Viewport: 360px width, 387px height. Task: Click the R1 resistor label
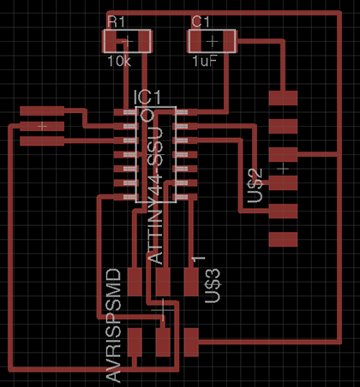116,22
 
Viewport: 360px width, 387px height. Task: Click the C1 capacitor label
201,22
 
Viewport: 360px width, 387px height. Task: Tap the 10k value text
119,61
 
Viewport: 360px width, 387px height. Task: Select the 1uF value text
204,61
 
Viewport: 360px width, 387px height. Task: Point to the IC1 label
147,98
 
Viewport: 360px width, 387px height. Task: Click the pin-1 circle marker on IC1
147,116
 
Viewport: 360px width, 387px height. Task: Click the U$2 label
255,186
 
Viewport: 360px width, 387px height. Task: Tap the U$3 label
213,286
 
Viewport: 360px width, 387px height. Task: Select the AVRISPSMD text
113,325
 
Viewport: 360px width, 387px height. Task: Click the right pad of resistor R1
145,40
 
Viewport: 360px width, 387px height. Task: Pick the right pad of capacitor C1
229,41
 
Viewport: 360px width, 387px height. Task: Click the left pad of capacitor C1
195,41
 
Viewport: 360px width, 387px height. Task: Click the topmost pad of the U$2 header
283,98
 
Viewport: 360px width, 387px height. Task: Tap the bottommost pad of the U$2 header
283,240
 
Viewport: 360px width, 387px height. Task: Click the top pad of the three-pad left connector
42,110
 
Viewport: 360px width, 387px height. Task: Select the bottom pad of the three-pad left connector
42,141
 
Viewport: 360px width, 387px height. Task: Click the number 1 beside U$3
199,259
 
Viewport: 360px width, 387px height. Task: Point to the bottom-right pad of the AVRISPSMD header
191,342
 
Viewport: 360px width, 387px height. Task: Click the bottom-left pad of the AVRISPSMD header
135,342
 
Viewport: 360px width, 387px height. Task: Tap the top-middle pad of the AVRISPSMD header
163,282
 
